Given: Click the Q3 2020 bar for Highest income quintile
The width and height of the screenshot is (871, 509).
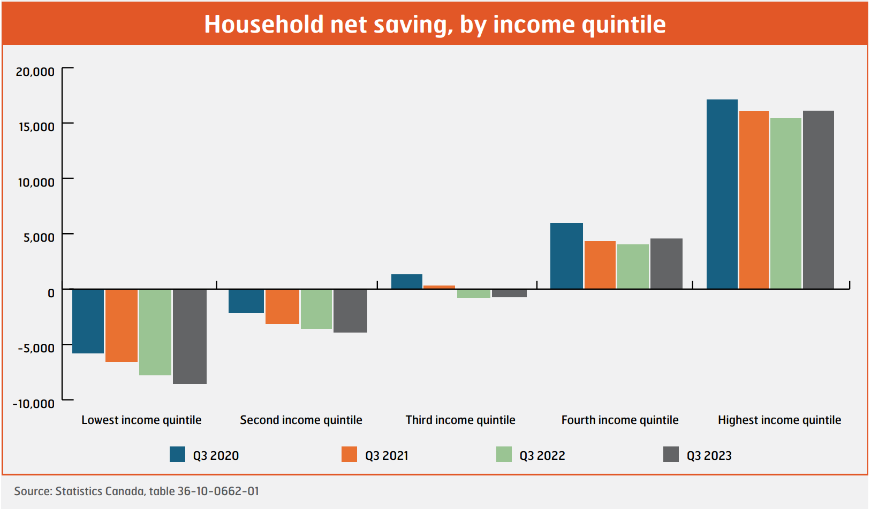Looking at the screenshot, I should coord(722,194).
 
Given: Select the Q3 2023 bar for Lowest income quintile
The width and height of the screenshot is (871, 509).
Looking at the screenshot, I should coord(190,336).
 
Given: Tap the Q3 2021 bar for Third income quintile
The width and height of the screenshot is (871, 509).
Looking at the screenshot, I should coord(439,287).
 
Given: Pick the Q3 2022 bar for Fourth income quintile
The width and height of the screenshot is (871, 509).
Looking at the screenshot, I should coord(633,266).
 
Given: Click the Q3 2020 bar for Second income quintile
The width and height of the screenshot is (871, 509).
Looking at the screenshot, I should coord(246,301).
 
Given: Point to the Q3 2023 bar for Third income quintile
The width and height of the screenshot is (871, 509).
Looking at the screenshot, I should coord(509,293).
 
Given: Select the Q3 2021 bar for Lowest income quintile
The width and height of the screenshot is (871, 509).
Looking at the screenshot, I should coord(122,326).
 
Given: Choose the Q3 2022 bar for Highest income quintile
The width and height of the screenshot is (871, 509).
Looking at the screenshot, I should coord(785,203).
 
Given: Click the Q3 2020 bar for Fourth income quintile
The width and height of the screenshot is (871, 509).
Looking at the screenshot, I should coord(566,256).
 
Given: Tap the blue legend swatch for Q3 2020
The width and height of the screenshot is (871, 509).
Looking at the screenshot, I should coord(177,454).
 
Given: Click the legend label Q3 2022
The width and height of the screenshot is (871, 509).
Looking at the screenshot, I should coord(542,456).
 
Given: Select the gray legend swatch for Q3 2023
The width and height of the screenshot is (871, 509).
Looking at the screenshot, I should coord(671,454).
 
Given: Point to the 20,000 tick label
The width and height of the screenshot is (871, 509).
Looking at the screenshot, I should coord(35,72).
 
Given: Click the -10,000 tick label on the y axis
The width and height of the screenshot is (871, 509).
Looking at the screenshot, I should coord(34,404).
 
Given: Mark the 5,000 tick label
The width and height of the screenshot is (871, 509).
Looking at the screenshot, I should coord(39,237).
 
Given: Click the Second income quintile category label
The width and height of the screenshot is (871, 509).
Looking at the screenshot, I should coord(301,420).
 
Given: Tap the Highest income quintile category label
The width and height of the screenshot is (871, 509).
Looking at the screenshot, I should coord(779,420).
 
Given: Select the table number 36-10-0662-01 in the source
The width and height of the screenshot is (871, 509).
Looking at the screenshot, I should coord(218,491).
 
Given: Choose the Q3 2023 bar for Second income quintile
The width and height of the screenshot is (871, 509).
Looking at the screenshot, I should coord(350,311).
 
